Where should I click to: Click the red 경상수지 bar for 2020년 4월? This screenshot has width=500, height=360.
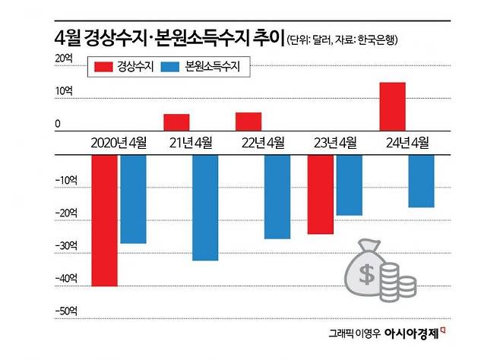(105, 220)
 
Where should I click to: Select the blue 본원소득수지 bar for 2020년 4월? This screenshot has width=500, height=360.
(132, 199)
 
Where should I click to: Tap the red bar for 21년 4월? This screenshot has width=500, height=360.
(176, 122)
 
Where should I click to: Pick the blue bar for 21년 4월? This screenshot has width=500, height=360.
(204, 207)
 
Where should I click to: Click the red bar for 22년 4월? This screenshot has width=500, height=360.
(248, 121)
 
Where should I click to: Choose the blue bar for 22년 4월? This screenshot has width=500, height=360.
(277, 197)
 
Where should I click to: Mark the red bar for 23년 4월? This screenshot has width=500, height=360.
(321, 194)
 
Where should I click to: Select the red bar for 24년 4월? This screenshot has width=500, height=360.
(392, 106)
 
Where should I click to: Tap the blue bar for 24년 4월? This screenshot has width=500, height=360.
(421, 181)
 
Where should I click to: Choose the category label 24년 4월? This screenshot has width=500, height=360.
(407, 142)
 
